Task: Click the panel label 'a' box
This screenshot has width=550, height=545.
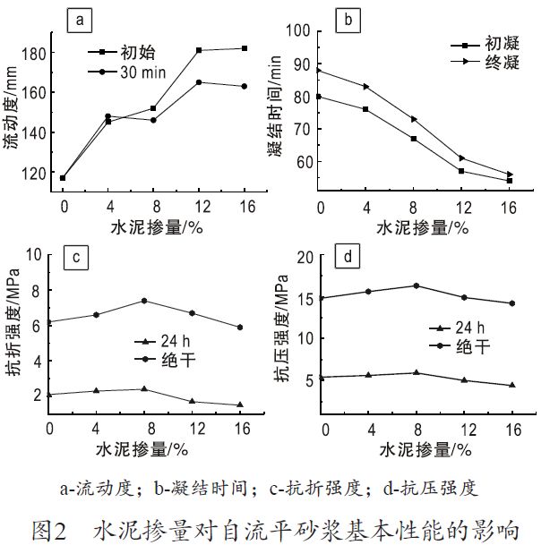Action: [80, 20]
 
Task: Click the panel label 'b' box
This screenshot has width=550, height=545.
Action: [348, 19]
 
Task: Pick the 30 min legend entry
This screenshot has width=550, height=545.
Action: [134, 71]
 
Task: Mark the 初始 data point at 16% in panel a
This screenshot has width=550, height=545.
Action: [245, 48]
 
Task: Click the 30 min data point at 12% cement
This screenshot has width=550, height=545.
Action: [199, 82]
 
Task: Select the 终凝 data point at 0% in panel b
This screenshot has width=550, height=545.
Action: [320, 70]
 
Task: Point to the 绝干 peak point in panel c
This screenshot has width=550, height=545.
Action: [144, 301]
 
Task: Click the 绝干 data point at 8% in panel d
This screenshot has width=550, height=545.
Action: [416, 285]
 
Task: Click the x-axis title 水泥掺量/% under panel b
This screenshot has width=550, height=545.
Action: [422, 227]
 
